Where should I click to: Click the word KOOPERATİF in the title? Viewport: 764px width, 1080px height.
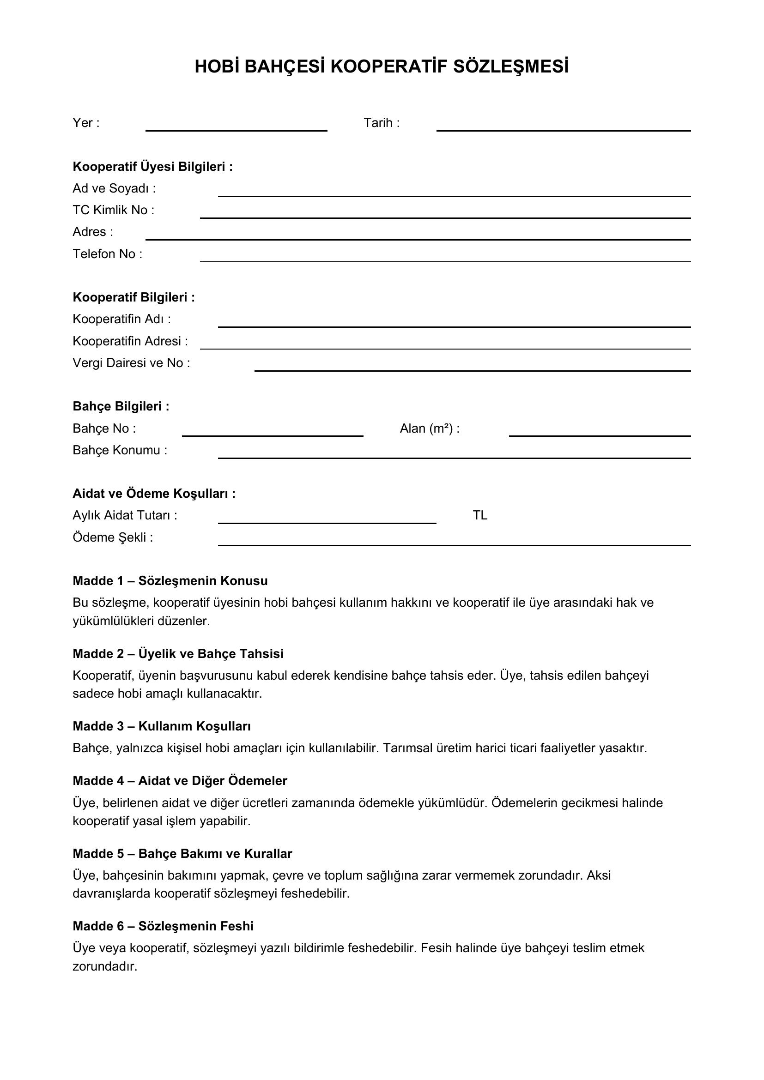[389, 67]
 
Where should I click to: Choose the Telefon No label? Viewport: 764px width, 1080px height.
[107, 254]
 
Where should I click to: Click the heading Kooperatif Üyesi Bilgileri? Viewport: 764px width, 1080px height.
[152, 167]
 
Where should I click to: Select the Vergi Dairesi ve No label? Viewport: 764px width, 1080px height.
[131, 363]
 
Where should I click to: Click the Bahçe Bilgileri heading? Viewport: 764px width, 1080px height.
[121, 406]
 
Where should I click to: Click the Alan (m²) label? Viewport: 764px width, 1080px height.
[430, 428]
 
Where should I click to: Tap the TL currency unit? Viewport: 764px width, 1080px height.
[480, 516]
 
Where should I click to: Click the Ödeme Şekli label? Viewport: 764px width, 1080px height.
[113, 537]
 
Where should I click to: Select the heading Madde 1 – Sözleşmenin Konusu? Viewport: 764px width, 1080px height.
[170, 581]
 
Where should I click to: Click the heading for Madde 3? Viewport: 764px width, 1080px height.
[161, 726]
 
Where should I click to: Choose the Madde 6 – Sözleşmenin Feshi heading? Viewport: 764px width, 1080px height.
[163, 926]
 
